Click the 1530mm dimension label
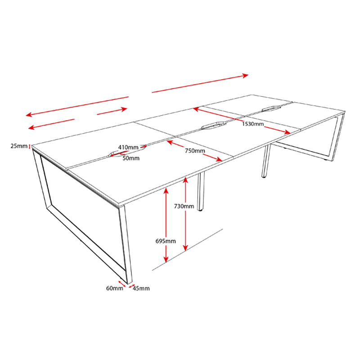click(x=253, y=124)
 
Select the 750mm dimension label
click(x=195, y=151)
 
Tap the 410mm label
click(x=128, y=147)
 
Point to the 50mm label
click(x=131, y=158)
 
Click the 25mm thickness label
click(x=19, y=146)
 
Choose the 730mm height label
click(x=184, y=206)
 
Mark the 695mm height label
click(x=166, y=241)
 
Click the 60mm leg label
click(x=115, y=288)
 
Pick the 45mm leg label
click(x=141, y=288)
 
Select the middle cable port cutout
click(x=214, y=126)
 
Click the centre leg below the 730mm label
click(x=201, y=192)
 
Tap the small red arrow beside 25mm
click(x=29, y=146)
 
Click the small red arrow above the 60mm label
click(x=121, y=283)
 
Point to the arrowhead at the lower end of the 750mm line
click(x=219, y=159)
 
